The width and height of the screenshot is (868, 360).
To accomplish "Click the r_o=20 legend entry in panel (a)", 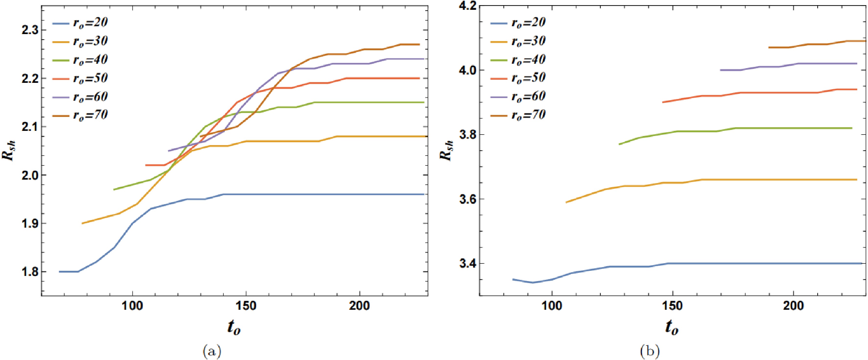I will [x=80, y=23].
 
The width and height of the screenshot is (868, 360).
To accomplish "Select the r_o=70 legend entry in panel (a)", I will [x=80, y=115].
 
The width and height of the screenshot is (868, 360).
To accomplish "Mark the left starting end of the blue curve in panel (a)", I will [x=60, y=272].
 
